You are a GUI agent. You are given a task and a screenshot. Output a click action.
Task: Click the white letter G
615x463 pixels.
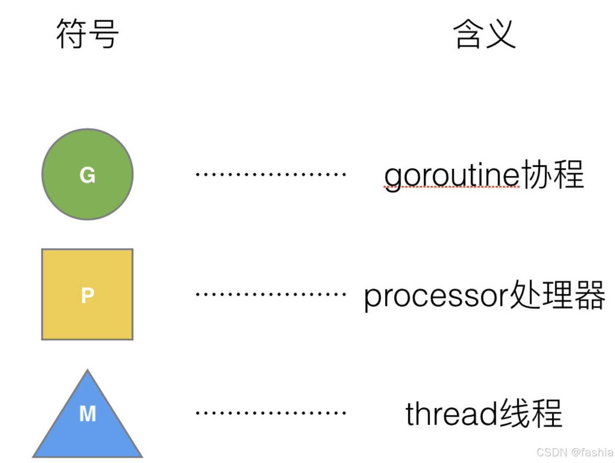[87, 175]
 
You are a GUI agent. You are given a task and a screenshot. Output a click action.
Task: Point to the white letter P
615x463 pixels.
[87, 295]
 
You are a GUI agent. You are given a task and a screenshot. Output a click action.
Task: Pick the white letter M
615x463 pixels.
[88, 414]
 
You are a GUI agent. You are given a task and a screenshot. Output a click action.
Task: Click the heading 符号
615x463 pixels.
[87, 33]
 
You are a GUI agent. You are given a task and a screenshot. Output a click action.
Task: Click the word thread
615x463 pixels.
[452, 414]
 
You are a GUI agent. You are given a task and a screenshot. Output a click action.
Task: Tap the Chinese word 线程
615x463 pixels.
[531, 413]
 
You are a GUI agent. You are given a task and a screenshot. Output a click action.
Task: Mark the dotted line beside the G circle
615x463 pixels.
[271, 174]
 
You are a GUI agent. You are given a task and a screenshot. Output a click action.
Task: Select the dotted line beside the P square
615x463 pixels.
[271, 294]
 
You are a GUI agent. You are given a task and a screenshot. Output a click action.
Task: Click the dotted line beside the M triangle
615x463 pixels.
[271, 413]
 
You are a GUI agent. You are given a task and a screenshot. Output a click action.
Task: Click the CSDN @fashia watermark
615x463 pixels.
[574, 452]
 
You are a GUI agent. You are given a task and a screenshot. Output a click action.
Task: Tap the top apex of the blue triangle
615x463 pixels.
[87, 371]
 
